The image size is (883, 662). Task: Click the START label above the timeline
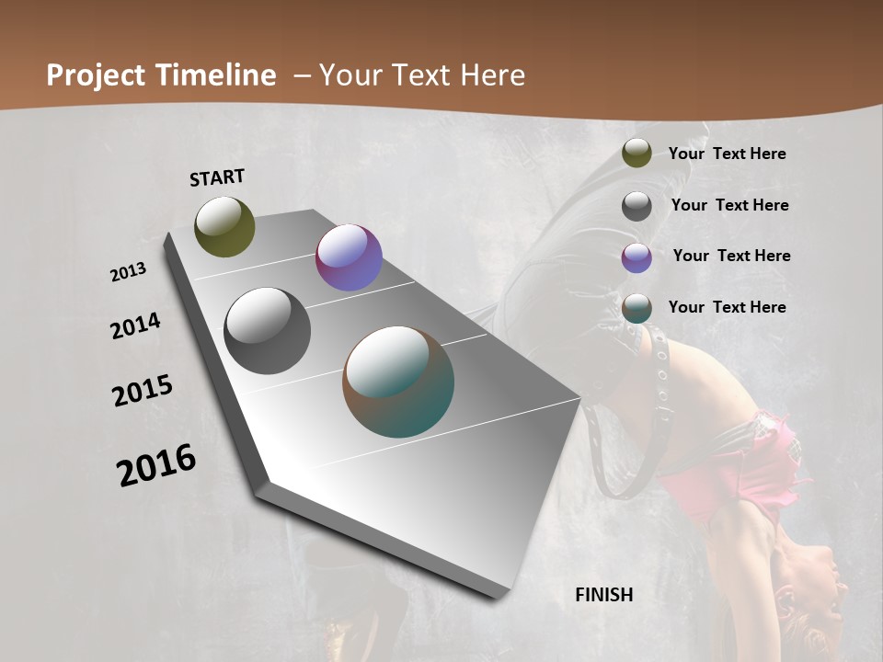click(x=217, y=177)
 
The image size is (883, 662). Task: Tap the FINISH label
click(x=604, y=595)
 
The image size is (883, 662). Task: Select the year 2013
click(x=129, y=272)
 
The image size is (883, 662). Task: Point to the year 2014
click(x=135, y=325)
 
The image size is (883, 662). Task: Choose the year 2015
click(x=143, y=391)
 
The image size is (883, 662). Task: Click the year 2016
click(x=156, y=464)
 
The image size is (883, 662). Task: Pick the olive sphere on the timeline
click(x=224, y=226)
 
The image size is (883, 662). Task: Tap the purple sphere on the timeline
click(x=349, y=257)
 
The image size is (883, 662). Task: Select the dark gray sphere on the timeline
click(x=267, y=331)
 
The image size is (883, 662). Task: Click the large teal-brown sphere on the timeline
click(x=398, y=382)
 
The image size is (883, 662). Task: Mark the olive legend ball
click(x=636, y=154)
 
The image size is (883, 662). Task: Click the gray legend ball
click(x=636, y=206)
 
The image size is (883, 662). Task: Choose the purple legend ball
click(x=636, y=257)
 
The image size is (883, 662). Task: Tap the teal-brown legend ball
click(x=636, y=309)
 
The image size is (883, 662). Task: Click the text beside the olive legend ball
click(x=727, y=154)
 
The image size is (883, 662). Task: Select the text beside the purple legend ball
click(x=731, y=256)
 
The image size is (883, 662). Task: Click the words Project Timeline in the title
click(x=161, y=75)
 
